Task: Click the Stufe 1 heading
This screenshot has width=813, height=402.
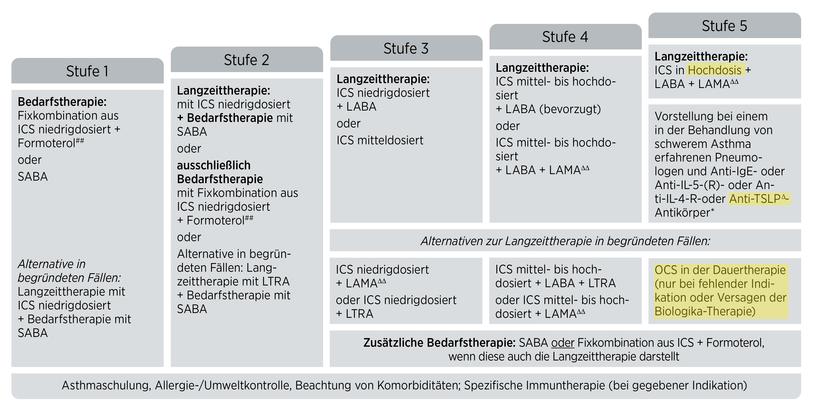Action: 87,71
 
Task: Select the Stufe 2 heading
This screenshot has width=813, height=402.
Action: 247,60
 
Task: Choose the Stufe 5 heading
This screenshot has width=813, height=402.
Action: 724,26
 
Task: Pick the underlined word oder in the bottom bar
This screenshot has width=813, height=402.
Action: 563,343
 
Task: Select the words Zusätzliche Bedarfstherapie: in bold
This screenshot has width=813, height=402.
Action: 439,343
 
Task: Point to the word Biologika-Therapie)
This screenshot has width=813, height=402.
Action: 705,311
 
